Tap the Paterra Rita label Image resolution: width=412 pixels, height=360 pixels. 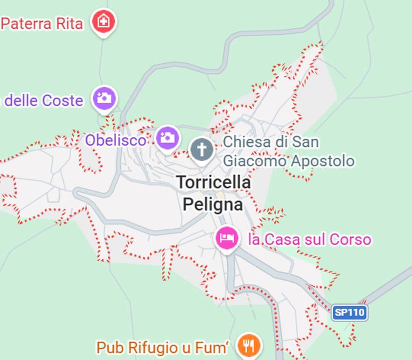tap(42, 23)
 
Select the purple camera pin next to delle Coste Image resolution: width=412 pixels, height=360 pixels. tap(104, 98)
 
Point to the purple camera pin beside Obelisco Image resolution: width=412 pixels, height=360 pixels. tap(167, 138)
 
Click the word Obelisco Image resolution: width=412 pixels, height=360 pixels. tap(115, 140)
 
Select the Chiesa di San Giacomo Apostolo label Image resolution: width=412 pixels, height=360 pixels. tap(287, 151)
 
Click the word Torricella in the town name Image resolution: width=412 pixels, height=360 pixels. tap(213, 182)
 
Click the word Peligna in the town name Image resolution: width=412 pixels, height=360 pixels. tap(213, 204)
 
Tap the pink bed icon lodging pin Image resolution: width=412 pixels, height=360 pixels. tap(227, 238)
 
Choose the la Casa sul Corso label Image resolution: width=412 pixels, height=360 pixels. tap(309, 240)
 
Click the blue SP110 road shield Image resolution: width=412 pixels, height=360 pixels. tap(350, 313)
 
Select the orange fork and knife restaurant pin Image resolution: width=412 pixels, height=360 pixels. tap(249, 345)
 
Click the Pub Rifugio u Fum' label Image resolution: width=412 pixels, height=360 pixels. tap(164, 348)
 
